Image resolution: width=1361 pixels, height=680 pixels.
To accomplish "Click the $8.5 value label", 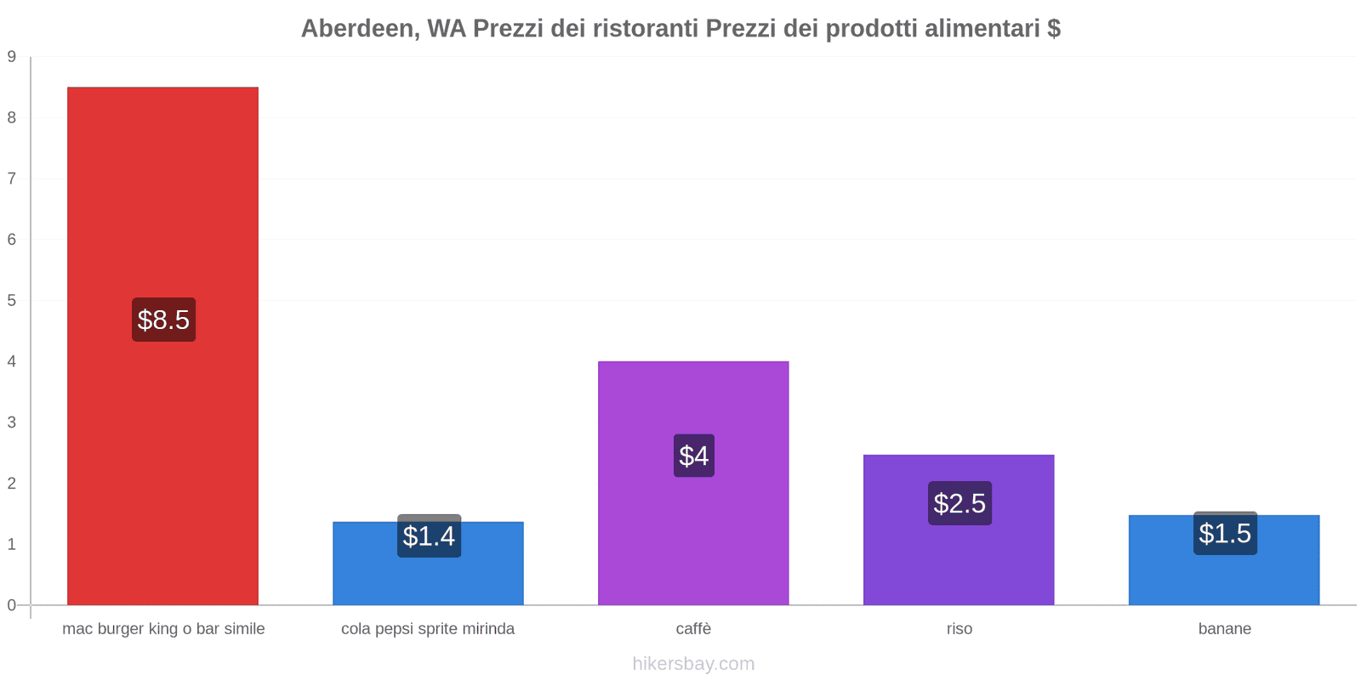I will point(163,320).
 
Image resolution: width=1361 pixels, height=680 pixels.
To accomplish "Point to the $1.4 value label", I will point(429,536).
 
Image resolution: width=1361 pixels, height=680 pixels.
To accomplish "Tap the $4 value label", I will point(694,456).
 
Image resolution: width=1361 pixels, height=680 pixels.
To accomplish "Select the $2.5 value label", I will point(960,503).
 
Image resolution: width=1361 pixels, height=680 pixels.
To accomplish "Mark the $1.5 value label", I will point(1225,534).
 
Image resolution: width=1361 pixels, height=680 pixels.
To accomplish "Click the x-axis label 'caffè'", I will point(693,629).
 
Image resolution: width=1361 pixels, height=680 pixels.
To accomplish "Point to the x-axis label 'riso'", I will point(960,629).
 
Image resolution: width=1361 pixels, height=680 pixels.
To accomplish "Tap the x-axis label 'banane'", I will point(1225,629).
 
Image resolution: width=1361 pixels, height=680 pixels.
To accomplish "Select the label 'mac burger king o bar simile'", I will point(163,629).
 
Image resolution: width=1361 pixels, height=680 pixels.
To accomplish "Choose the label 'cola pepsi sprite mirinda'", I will point(428,629).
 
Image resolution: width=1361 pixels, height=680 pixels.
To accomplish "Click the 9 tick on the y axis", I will point(12,57).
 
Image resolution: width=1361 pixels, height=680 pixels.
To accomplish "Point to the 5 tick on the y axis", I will point(12,300).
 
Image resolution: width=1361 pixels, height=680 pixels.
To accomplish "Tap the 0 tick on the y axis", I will point(12,605).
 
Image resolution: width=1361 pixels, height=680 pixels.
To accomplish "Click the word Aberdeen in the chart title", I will point(357,29).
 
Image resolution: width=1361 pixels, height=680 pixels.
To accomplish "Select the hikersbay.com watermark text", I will point(693,664).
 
